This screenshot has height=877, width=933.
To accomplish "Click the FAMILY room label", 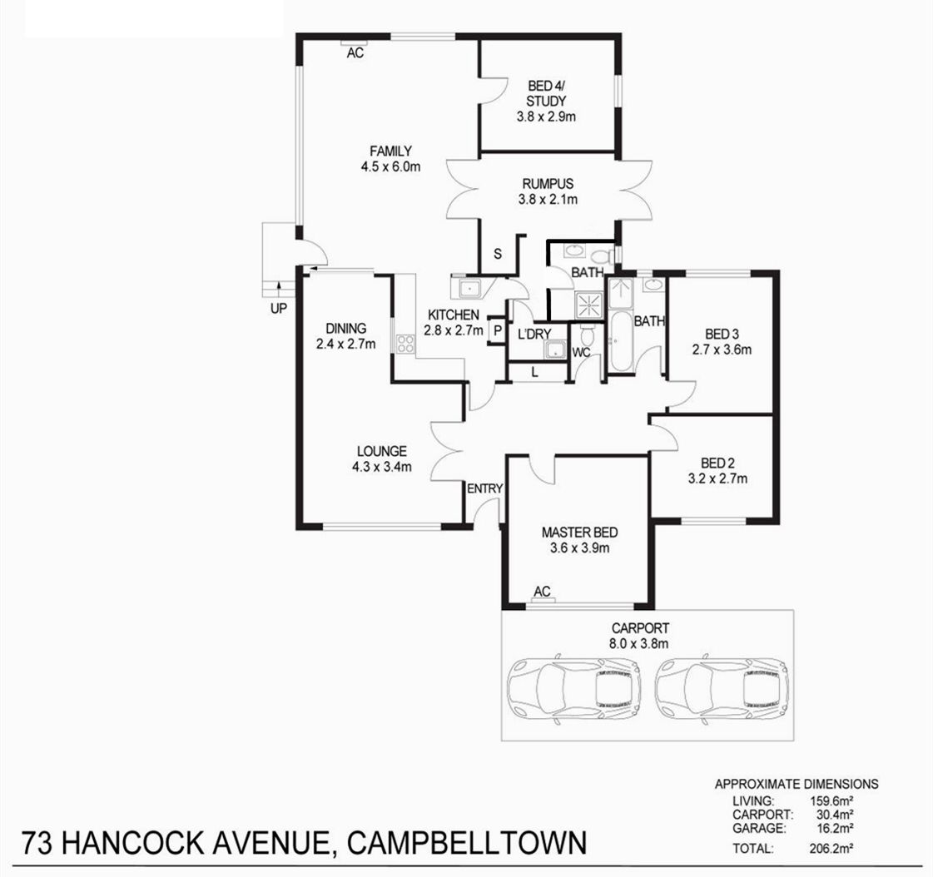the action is (x=390, y=151).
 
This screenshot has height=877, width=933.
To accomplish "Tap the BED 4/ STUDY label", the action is (x=546, y=93).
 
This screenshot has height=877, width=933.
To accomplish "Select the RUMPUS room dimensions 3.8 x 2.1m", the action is (x=548, y=200).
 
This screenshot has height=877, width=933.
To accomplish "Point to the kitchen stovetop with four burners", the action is (x=405, y=344).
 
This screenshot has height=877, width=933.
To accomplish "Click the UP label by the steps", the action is (x=279, y=308).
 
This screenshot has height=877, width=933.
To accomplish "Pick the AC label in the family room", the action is (x=355, y=53).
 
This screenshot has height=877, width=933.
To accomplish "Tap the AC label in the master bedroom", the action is (x=542, y=592).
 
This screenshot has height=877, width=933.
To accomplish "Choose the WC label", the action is (x=581, y=353).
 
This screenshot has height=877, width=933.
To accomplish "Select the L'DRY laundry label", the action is (x=534, y=334).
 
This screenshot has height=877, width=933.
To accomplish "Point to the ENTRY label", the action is (x=485, y=488).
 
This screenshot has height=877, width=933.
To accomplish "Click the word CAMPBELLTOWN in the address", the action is (x=467, y=843).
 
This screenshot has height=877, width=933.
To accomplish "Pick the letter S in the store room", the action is (x=498, y=254).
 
